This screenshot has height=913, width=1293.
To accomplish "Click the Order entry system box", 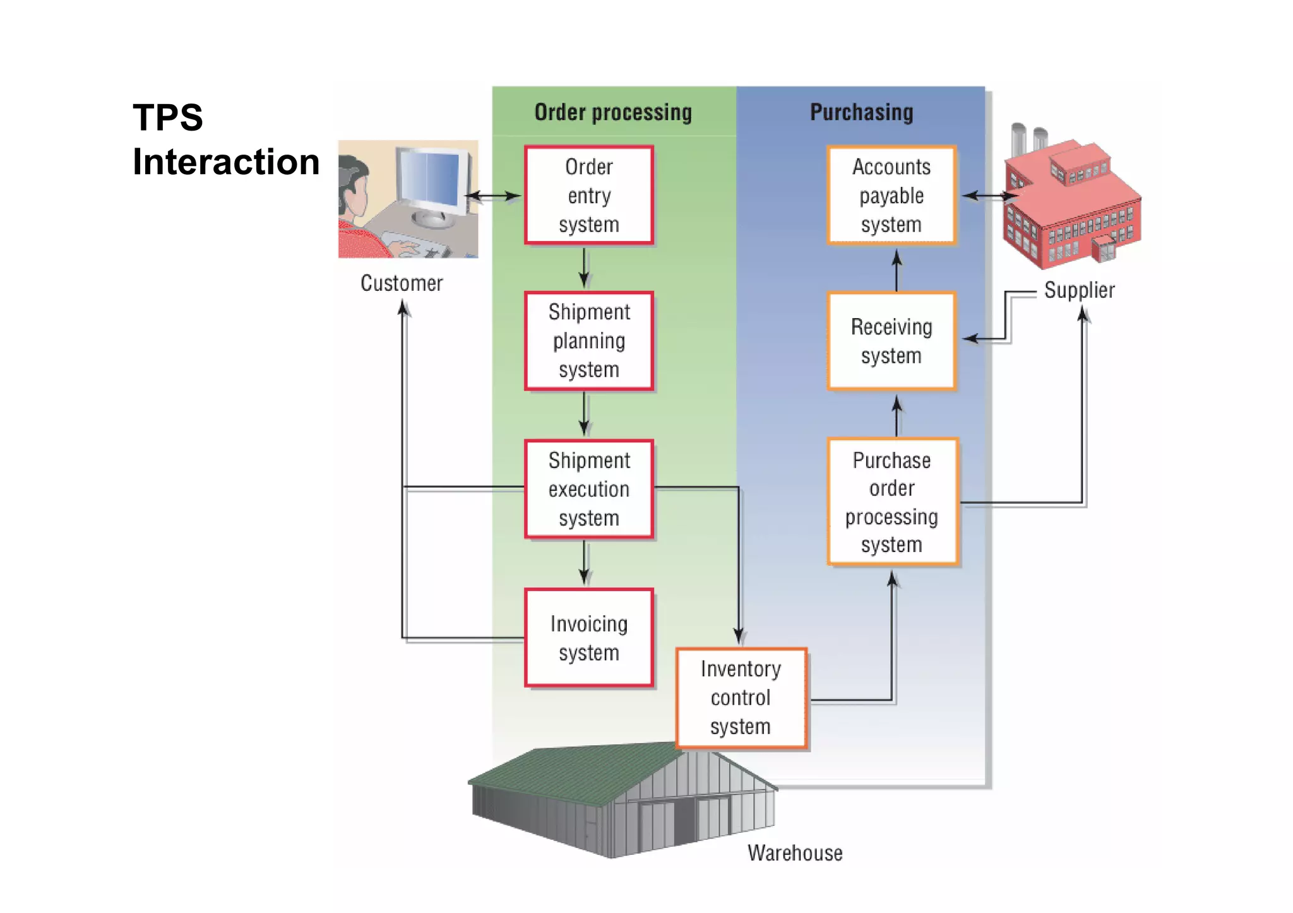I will pos(588,195).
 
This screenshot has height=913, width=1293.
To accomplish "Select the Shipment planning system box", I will pos(588,341).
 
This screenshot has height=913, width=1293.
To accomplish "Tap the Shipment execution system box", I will pos(588,489).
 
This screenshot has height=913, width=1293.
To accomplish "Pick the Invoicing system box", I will pos(588,637).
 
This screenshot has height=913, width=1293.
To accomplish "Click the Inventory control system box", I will pos(741,698).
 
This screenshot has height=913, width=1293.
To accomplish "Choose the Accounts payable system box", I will pos(891,195).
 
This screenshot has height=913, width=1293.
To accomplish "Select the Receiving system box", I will pos(891,341).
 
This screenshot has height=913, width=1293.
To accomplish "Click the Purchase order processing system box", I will pos(892,502).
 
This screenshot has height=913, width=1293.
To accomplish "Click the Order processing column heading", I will pos(613,112).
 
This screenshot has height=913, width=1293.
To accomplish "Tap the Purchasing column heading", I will pos(861,112).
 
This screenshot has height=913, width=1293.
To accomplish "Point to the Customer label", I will pos(402,283).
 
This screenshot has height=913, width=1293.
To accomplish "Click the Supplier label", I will pos(1079,290).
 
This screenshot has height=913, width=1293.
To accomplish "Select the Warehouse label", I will pos(795,853).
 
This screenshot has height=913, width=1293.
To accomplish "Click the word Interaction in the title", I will pos(226,162).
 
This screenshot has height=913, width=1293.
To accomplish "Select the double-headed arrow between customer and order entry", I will pos(493,196).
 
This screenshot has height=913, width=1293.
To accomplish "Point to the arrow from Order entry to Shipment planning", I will pos(584,268).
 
